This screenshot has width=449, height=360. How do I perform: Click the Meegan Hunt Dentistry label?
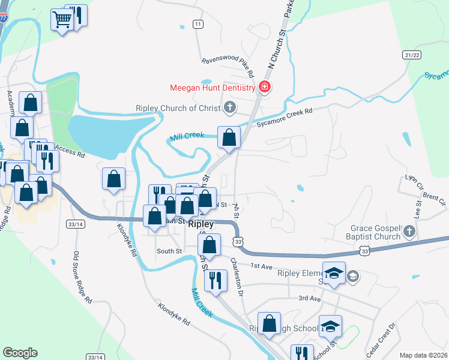pyautogui.click(x=212, y=88)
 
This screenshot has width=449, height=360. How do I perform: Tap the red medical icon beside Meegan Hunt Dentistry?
pyautogui.click(x=264, y=88)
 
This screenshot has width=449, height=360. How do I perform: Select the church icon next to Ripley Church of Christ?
pyautogui.click(x=229, y=108)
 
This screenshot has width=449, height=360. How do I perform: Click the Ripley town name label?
pyautogui.click(x=200, y=224)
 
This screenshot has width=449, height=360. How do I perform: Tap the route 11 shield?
pyautogui.click(x=197, y=24)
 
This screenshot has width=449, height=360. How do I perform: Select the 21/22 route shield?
pyautogui.click(x=411, y=55)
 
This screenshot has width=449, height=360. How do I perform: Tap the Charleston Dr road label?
pyautogui.click(x=238, y=277)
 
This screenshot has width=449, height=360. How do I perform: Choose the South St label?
pyautogui.click(x=169, y=251)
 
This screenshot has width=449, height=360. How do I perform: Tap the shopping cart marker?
pyautogui.click(x=62, y=19)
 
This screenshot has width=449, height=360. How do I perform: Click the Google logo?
pyautogui.click(x=20, y=353)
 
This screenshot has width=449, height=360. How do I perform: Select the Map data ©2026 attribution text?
pyautogui.click(x=424, y=355)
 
